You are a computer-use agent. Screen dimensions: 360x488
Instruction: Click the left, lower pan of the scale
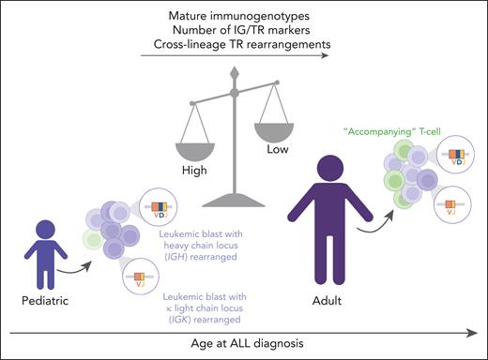[x=193, y=138]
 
